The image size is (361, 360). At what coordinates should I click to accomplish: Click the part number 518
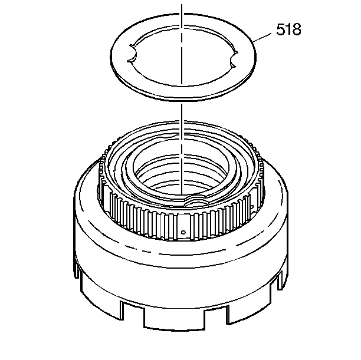tap(287, 30)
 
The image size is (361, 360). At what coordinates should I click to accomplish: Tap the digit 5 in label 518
tap(278, 30)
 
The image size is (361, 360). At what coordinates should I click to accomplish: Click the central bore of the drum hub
tap(183, 177)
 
